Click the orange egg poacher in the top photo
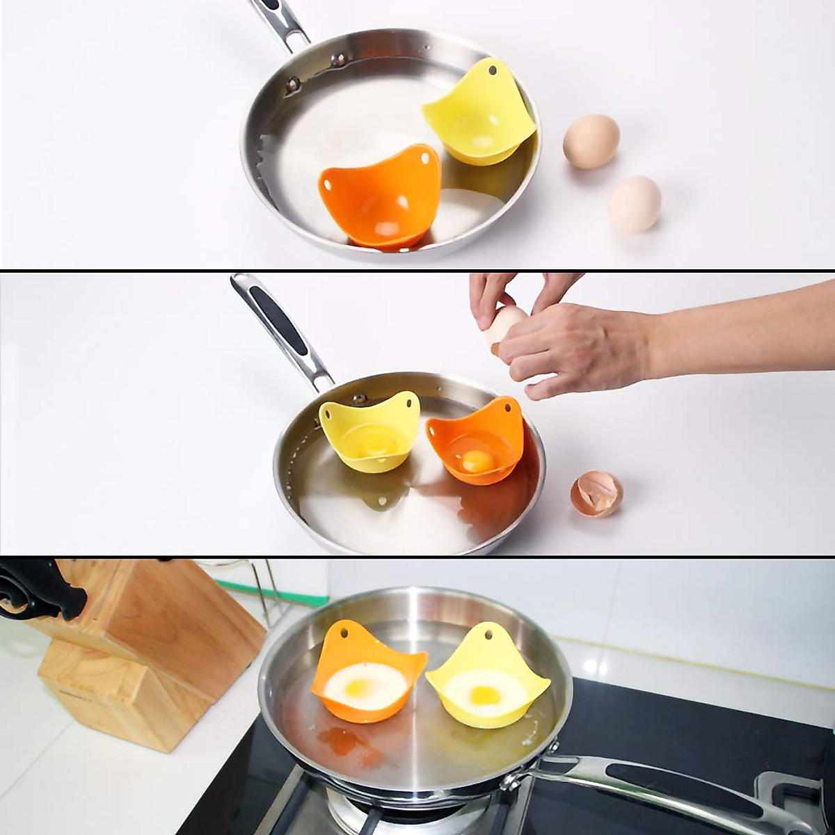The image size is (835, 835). (x=379, y=198)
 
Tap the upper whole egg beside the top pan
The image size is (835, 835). (x=591, y=141)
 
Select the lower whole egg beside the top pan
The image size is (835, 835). (x=634, y=204)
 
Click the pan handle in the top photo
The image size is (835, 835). (x=282, y=21)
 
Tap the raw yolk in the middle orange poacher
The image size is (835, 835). (x=475, y=459)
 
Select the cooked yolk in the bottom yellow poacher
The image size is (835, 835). (x=481, y=693)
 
